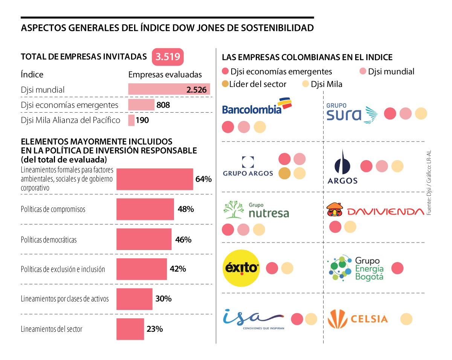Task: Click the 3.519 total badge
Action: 168,57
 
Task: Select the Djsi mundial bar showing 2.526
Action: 169,89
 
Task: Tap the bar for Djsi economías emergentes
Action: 141,105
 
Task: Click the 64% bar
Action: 154,179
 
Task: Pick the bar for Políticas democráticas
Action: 144,239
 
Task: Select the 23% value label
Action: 154,329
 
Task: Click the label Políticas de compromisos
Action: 53,209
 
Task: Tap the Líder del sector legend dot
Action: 225,84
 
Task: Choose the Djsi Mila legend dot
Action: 305,84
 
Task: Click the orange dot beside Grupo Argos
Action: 284,173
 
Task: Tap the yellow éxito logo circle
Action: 241,268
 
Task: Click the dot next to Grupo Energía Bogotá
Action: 397,268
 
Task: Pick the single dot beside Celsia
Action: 406,319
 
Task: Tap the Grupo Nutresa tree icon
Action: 234,210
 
